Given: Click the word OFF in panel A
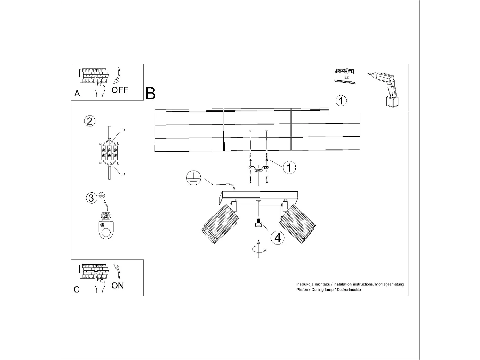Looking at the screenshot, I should tap(120, 90).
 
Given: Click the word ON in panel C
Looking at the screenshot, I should tap(117, 285).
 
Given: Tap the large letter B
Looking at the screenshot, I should tap(150, 93).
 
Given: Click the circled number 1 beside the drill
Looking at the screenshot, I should tap(341, 100).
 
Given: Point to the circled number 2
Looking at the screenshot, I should tap(90, 121).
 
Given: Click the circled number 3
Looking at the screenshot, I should tap(91, 198).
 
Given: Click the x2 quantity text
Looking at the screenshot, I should tap(347, 77).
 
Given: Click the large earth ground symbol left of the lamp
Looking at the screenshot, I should tap(193, 178).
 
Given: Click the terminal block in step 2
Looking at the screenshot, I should tap(109, 153).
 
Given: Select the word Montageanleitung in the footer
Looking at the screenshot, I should tap(390, 284).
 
